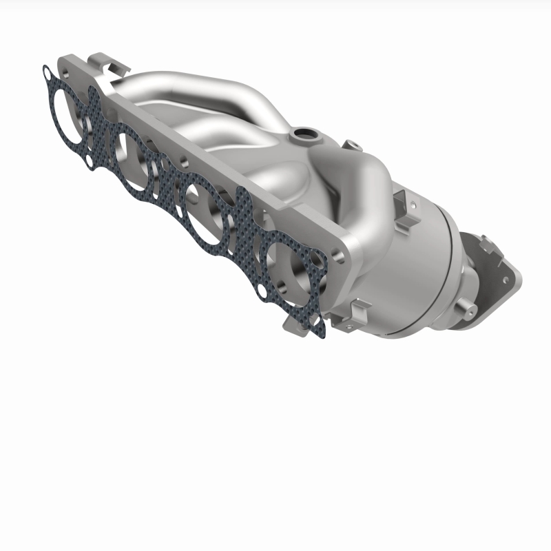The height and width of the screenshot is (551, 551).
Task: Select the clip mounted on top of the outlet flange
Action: (486, 245)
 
